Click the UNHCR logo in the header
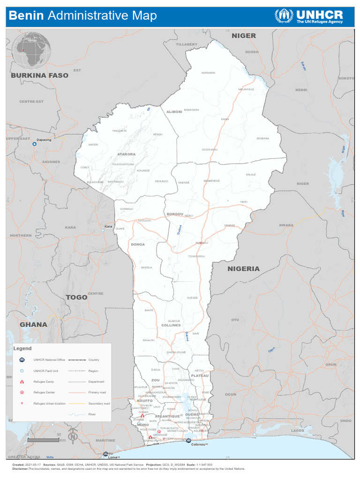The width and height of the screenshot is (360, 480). [308, 16]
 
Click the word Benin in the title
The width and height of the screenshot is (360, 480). [26, 16]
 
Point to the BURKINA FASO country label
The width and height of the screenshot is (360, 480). [39, 75]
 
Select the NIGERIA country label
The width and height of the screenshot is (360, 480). [243, 269]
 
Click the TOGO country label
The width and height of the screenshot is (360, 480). [76, 297]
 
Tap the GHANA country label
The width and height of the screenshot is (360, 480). [33, 324]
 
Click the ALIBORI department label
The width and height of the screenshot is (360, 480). [174, 112]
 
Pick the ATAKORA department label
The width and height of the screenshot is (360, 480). [126, 154]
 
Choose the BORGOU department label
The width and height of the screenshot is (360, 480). [175, 214]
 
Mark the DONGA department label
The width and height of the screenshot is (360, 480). [138, 244]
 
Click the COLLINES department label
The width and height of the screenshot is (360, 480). [171, 325]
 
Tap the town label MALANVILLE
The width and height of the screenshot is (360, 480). [246, 89]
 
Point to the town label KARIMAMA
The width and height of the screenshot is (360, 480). [208, 73]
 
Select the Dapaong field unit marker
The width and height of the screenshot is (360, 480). [34, 144]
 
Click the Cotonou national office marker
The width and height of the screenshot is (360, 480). [187, 440]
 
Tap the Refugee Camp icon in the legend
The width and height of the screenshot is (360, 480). [22, 382]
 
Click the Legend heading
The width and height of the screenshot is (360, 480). [22, 348]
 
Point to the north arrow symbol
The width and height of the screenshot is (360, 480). [73, 435]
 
